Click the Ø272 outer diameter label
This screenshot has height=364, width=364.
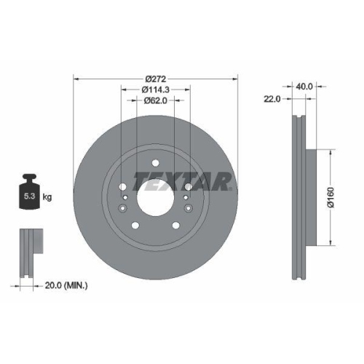[x=156, y=78]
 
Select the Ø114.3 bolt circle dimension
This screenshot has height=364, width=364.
[x=156, y=90]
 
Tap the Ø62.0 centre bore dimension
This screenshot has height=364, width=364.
[x=156, y=100]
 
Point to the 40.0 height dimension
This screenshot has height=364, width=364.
[x=304, y=86]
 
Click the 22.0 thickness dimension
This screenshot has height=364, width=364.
[x=272, y=98]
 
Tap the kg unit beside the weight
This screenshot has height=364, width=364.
[x=47, y=196]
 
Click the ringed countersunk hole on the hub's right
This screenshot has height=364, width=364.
[x=187, y=197]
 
